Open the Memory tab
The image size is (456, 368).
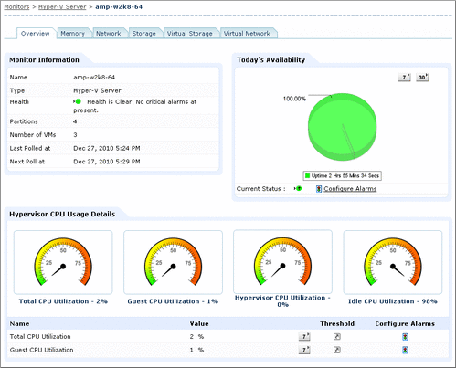pyautogui.click(x=73, y=34)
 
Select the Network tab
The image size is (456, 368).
pyautogui.click(x=108, y=34)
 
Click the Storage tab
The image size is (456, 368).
pyautogui.click(x=143, y=34)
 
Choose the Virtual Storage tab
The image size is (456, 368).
pyautogui.click(x=189, y=34)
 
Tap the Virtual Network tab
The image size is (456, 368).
pyautogui.click(x=246, y=34)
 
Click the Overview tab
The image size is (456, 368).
pyautogui.click(x=35, y=34)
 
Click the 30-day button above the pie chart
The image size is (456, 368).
pyautogui.click(x=423, y=79)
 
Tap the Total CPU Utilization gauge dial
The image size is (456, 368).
pyautogui.click(x=63, y=260)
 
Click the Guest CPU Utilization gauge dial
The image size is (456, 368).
pyautogui.click(x=173, y=260)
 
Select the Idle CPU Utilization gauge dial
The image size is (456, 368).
pyautogui.click(x=392, y=260)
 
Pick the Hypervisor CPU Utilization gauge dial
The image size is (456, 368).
pyautogui.click(x=282, y=260)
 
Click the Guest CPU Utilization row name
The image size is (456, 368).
pyautogui.click(x=41, y=350)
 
